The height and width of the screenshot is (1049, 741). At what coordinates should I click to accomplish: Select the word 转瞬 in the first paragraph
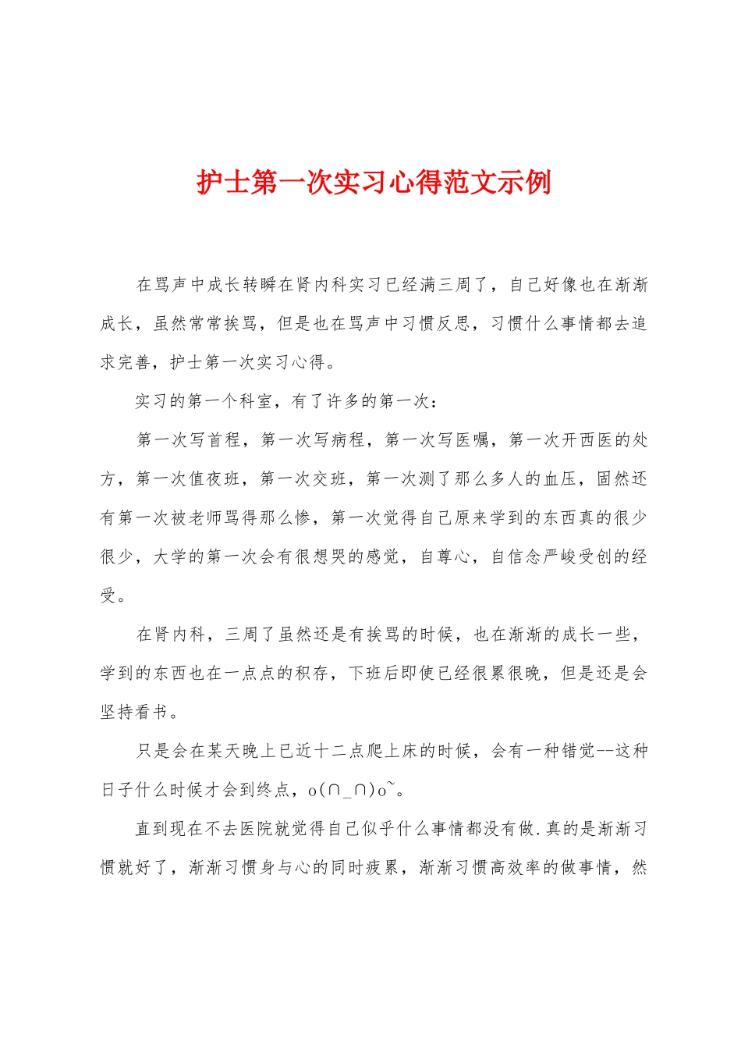[261, 285]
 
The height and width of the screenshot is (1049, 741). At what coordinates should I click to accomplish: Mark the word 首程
[225, 440]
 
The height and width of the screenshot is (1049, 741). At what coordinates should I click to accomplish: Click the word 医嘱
[473, 440]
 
